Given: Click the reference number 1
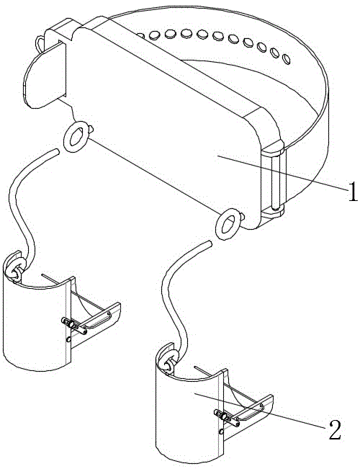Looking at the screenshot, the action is [353, 192].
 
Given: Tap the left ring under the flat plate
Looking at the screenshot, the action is [76, 137].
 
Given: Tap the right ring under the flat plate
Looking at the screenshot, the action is [228, 224].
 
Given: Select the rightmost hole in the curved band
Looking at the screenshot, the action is [287, 59].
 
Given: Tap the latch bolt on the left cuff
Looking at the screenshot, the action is [74, 326].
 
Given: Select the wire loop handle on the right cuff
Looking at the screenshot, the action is [249, 412].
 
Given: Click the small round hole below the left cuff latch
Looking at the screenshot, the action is [68, 339].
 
